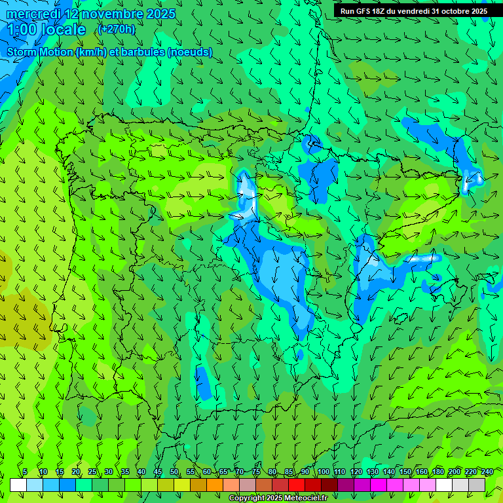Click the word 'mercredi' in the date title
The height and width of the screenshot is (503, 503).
[x=33, y=14]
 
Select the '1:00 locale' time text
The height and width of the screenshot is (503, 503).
[x=47, y=29]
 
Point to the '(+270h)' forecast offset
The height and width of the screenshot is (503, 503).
[x=116, y=29]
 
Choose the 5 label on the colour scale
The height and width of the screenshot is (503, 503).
[x=25, y=472]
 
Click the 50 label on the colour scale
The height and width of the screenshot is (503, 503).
[x=174, y=472]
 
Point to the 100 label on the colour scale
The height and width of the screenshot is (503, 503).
[x=323, y=472]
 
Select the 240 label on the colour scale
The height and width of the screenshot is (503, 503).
[x=487, y=472]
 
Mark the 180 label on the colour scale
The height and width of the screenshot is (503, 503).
[x=438, y=472]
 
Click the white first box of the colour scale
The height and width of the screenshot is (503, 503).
[x=18, y=485]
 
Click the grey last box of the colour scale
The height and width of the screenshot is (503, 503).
[x=477, y=485]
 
